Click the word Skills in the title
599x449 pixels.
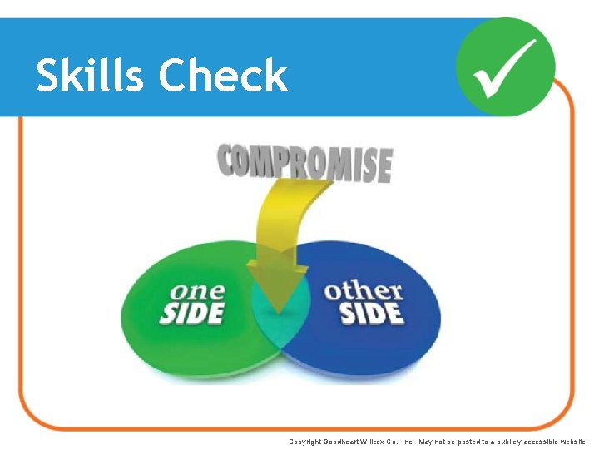(x=91, y=76)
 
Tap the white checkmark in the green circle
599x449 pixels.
(x=506, y=67)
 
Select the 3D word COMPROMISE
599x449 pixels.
(x=304, y=163)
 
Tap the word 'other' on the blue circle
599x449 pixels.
(x=364, y=291)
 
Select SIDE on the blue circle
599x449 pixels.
(x=372, y=313)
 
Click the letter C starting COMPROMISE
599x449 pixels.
(x=230, y=160)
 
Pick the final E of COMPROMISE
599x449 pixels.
(x=382, y=166)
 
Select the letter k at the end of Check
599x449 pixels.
(x=276, y=76)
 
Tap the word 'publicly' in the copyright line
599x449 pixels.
(x=496, y=442)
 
